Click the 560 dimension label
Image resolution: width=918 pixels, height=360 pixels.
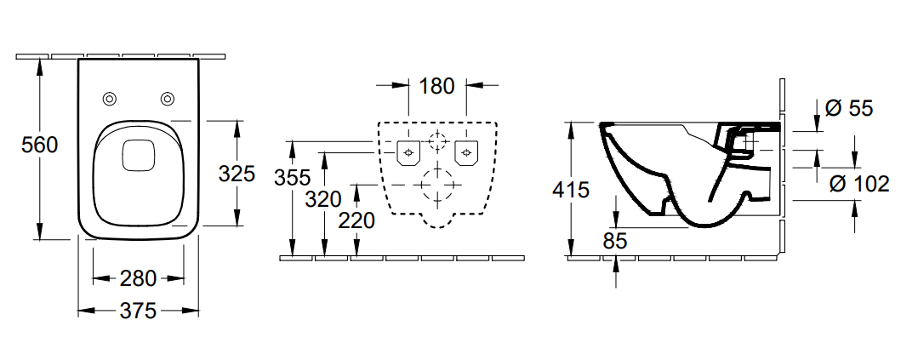pyautogui.click(x=40, y=145)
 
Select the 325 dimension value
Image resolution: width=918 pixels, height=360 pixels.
pyautogui.click(x=237, y=174)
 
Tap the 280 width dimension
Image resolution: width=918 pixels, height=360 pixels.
pyautogui.click(x=138, y=278)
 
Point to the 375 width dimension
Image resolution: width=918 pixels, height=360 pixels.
pyautogui.click(x=138, y=311)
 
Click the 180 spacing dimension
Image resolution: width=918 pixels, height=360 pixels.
pyautogui.click(x=437, y=86)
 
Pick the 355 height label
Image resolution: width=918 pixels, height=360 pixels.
pyautogui.click(x=292, y=177)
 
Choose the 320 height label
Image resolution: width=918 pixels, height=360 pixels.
pyautogui.click(x=324, y=199)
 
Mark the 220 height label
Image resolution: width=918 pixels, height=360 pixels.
pyautogui.click(x=356, y=220)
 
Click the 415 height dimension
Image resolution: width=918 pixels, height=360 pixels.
pyautogui.click(x=571, y=190)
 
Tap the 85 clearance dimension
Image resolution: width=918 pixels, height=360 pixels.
pyautogui.click(x=615, y=241)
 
